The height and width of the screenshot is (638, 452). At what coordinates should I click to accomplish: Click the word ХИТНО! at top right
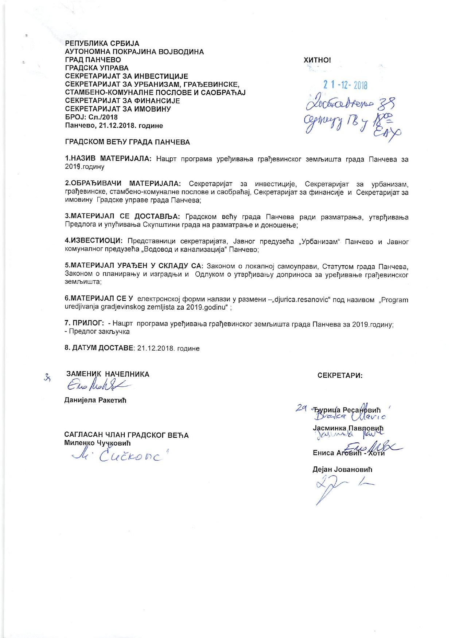point(317,60)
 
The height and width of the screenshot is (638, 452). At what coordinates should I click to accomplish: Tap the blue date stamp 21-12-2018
point(345,85)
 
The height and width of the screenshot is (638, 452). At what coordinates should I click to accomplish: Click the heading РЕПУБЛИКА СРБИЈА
point(102,44)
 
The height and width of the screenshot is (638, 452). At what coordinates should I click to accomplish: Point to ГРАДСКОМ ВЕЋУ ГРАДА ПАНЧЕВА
point(127,142)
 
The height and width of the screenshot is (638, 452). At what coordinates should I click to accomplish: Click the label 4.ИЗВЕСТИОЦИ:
point(94,241)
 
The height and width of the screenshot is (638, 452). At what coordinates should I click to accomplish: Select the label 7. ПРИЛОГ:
point(85,323)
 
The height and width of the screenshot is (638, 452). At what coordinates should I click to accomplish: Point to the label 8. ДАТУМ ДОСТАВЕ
point(99,348)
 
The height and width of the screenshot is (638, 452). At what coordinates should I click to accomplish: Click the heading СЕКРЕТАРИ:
point(340,375)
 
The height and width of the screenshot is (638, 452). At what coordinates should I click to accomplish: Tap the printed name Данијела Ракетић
point(95,400)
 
